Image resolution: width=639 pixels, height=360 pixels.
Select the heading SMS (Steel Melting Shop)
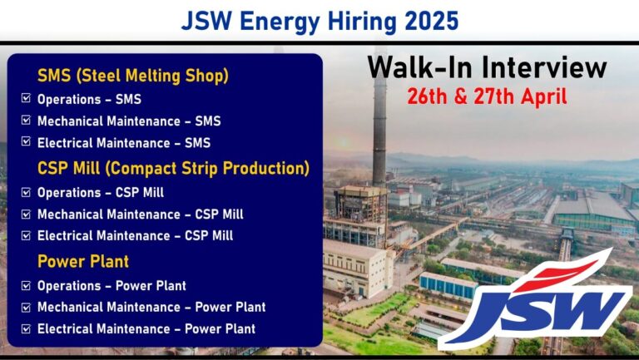(x=133, y=76)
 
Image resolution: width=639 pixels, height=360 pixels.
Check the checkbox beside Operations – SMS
(x=26, y=98)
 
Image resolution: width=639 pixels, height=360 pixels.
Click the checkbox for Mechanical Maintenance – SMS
(x=26, y=120)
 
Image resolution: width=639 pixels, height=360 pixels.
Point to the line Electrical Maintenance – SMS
(x=124, y=143)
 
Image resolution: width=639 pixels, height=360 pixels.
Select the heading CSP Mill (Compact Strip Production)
(x=174, y=168)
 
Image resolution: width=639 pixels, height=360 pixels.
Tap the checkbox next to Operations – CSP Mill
(x=26, y=192)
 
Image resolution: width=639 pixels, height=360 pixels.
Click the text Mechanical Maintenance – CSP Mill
(x=140, y=215)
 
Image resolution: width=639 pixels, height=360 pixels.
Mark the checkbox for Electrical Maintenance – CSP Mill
(x=26, y=235)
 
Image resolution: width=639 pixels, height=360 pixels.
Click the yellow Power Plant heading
(x=83, y=261)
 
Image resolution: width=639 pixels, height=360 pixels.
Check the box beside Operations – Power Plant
(x=26, y=285)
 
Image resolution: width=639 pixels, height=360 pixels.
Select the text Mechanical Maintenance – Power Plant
(x=151, y=307)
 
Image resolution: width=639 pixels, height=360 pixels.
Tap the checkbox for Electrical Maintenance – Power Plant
(x=26, y=328)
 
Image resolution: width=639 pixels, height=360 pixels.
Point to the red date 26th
(x=427, y=97)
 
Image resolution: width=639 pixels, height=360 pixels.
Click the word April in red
(x=543, y=98)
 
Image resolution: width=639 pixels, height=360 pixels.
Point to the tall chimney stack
(x=379, y=122)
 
